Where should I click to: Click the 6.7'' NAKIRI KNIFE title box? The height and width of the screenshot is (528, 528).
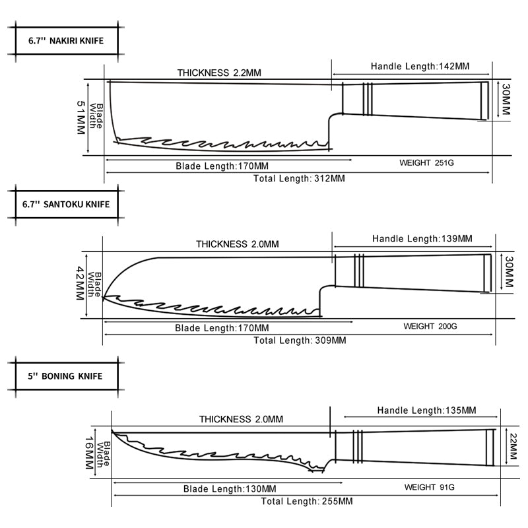pyautogui.click(x=66, y=40)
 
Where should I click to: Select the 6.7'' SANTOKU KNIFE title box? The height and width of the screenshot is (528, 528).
pyautogui.click(x=65, y=204)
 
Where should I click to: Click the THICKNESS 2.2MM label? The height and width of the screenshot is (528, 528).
pyautogui.click(x=219, y=73)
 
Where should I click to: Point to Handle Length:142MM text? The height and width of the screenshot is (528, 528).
pyautogui.click(x=420, y=67)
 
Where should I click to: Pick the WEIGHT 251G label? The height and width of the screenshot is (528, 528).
pyautogui.click(x=427, y=162)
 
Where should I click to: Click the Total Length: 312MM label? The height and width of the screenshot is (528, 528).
pyautogui.click(x=299, y=178)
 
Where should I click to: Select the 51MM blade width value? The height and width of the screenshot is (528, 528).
pyautogui.click(x=81, y=117)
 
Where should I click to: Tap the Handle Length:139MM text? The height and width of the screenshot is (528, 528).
pyautogui.click(x=422, y=238)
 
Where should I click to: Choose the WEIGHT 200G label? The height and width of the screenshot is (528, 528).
pyautogui.click(x=430, y=327)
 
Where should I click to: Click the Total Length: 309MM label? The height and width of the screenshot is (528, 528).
pyautogui.click(x=300, y=341)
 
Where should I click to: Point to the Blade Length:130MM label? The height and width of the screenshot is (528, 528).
pyautogui.click(x=229, y=489)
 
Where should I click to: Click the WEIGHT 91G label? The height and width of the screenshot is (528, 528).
pyautogui.click(x=429, y=487)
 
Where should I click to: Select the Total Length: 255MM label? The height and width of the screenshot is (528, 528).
pyautogui.click(x=306, y=502)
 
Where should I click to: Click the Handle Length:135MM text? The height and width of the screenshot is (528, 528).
pyautogui.click(x=426, y=411)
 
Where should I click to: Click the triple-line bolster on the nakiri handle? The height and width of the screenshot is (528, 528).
pyautogui.click(x=368, y=98)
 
